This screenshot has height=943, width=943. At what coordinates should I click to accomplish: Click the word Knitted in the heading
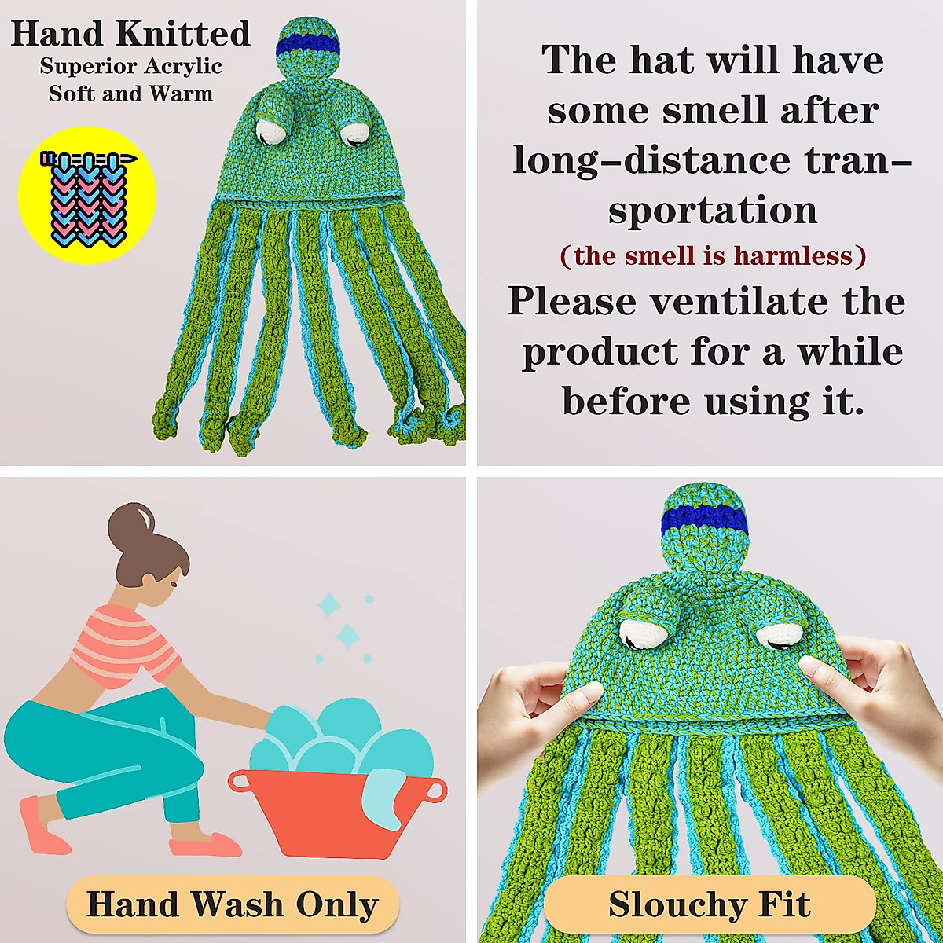click(183, 34)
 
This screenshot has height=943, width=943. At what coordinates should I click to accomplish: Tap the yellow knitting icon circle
click(87, 195)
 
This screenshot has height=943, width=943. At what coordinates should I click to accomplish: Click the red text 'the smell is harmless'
click(713, 255)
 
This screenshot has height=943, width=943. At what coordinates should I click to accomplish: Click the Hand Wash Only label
click(233, 904)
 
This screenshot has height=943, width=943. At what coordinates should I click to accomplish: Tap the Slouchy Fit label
click(709, 904)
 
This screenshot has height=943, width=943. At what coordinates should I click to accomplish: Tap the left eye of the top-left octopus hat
click(271, 130)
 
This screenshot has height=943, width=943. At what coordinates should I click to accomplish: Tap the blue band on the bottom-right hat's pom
click(704, 519)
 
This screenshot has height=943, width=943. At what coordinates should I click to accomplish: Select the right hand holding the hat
click(872, 692)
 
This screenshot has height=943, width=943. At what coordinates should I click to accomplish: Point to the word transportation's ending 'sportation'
click(713, 211)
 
